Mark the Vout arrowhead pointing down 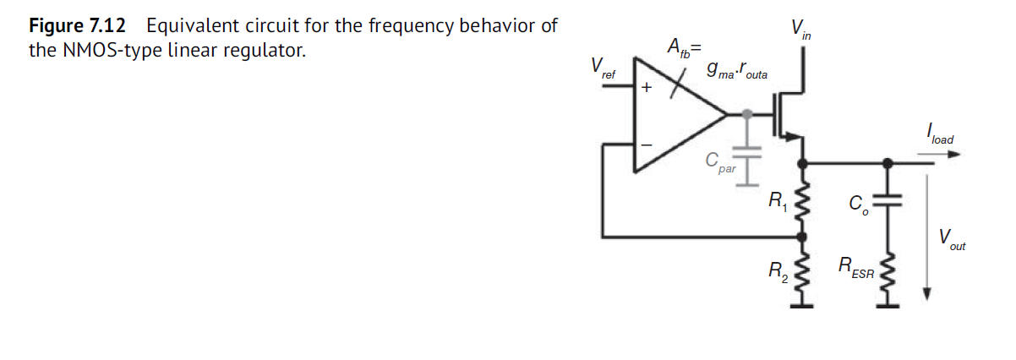click(x=927, y=293)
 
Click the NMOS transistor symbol click(x=788, y=113)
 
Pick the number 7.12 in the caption click(x=110, y=25)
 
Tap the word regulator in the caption click(x=265, y=51)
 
